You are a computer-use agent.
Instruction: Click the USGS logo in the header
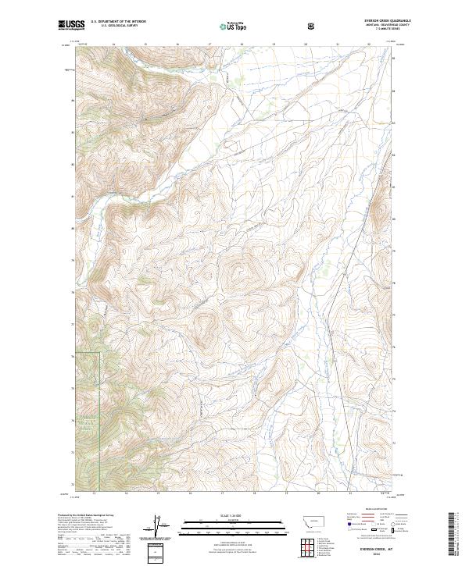point(70,26)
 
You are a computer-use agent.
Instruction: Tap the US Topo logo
point(234,26)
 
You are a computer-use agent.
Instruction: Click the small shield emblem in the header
point(311,27)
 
